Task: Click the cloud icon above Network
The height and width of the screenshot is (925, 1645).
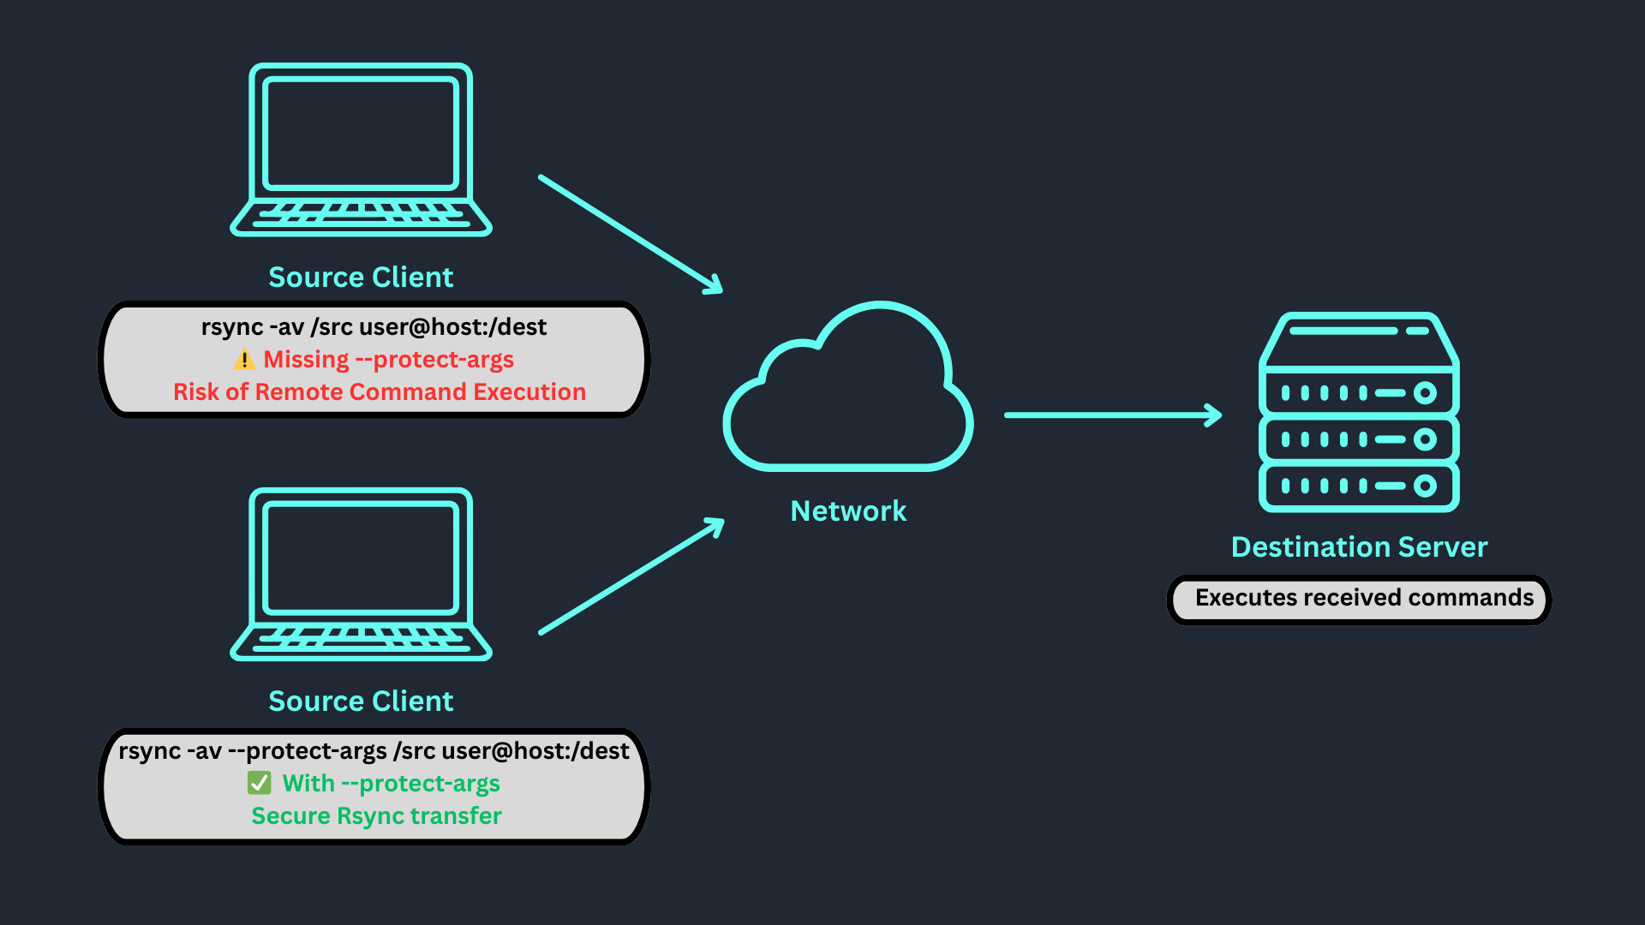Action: [x=848, y=394]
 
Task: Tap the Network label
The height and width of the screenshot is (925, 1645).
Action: [x=848, y=511]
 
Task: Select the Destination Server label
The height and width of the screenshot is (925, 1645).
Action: [x=1359, y=547]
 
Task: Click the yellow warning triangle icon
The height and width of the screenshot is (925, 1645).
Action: [x=244, y=360]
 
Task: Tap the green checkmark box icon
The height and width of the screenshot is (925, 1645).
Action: [x=259, y=783]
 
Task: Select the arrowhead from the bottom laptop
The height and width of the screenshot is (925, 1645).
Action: [x=715, y=525]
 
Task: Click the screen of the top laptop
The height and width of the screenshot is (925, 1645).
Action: [x=361, y=134]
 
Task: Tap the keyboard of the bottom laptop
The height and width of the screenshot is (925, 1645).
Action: [x=361, y=638]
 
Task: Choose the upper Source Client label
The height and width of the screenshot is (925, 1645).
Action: [x=361, y=277]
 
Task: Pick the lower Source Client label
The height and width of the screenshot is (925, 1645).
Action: [x=361, y=701]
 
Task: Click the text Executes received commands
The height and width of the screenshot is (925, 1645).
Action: [x=1364, y=598]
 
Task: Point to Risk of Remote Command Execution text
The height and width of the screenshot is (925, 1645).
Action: [x=380, y=392]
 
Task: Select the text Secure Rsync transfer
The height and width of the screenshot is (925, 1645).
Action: [x=376, y=816]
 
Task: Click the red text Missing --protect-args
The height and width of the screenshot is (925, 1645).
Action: [x=388, y=360]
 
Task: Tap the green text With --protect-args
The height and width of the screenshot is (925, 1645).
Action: [x=391, y=784]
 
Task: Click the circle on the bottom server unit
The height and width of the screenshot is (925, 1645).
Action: [x=1425, y=486]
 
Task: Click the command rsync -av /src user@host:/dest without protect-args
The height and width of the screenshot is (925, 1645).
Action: [x=374, y=327]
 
